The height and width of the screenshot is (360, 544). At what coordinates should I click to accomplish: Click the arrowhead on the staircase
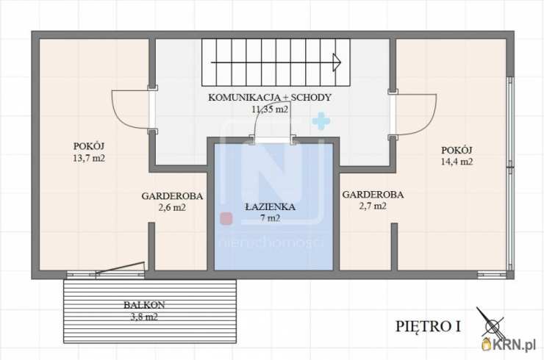click(337, 62)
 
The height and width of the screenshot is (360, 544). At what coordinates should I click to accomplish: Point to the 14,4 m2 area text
click(457, 162)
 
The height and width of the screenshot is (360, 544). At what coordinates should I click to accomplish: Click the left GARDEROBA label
click(172, 196)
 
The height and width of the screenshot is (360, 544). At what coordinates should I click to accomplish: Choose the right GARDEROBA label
click(373, 195)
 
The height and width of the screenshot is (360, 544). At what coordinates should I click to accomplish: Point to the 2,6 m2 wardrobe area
click(172, 208)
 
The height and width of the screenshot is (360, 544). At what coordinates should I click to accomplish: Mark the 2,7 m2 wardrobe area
click(373, 206)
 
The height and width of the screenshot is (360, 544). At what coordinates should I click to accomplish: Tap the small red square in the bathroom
click(226, 218)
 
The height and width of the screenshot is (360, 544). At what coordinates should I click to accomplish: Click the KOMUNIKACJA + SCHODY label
click(270, 97)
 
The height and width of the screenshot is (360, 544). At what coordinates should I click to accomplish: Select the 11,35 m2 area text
click(270, 109)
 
